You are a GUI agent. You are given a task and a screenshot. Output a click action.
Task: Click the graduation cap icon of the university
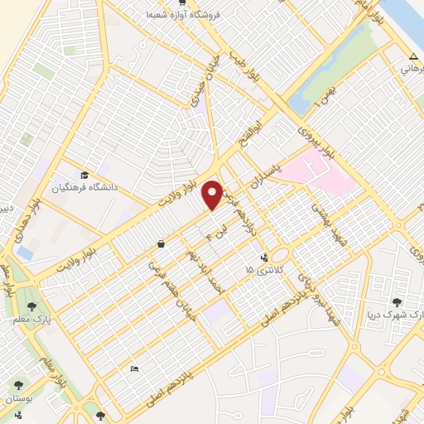(x=84, y=176)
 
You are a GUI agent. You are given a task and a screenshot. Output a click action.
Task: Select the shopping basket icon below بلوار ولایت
(x=160, y=244)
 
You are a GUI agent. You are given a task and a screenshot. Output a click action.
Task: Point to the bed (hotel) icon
(x=134, y=369)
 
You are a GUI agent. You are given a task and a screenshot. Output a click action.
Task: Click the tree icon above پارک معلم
(x=36, y=305)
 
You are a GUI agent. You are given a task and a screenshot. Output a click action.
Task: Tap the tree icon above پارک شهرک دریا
(x=396, y=302)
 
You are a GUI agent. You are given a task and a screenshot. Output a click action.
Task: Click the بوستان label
(x=17, y=399)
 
